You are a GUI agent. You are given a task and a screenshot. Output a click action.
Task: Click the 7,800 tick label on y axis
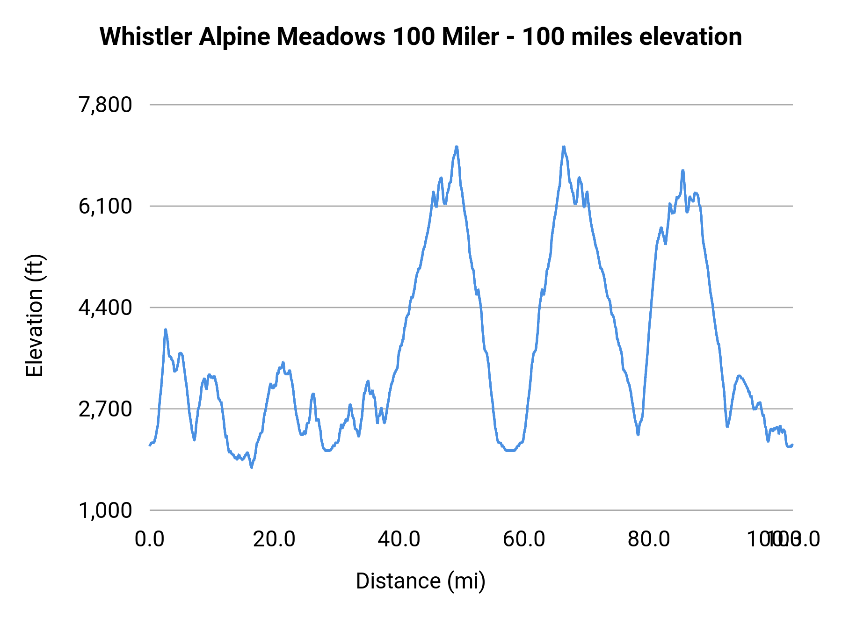[105, 105]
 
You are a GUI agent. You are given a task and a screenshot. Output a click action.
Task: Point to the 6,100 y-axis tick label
[105, 206]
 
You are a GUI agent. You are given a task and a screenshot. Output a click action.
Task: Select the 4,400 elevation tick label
[105, 308]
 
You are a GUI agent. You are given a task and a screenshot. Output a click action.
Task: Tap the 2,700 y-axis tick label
[105, 409]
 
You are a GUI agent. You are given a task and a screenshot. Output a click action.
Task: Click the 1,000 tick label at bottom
[105, 510]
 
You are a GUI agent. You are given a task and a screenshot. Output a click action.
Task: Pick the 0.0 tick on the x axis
[150, 539]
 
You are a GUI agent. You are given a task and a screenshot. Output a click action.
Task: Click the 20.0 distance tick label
[274, 539]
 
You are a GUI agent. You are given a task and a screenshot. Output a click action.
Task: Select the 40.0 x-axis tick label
[399, 539]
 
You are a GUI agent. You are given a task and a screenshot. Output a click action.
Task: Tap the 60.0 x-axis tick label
[524, 539]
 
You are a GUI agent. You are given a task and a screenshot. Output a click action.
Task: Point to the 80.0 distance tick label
[649, 539]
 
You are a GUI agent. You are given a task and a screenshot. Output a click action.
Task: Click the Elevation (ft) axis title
[35, 315]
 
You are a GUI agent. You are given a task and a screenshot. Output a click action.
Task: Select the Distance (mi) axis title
[421, 581]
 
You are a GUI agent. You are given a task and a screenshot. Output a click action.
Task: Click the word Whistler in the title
[146, 36]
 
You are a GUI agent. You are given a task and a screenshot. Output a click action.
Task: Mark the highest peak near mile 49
[457, 147]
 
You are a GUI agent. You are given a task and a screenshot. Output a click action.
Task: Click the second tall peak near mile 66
[564, 147]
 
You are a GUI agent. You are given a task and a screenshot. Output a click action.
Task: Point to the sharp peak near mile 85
[683, 171]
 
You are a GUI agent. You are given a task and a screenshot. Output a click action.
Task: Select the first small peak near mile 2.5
[166, 330]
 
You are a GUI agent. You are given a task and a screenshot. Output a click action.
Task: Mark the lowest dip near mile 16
[252, 467]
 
